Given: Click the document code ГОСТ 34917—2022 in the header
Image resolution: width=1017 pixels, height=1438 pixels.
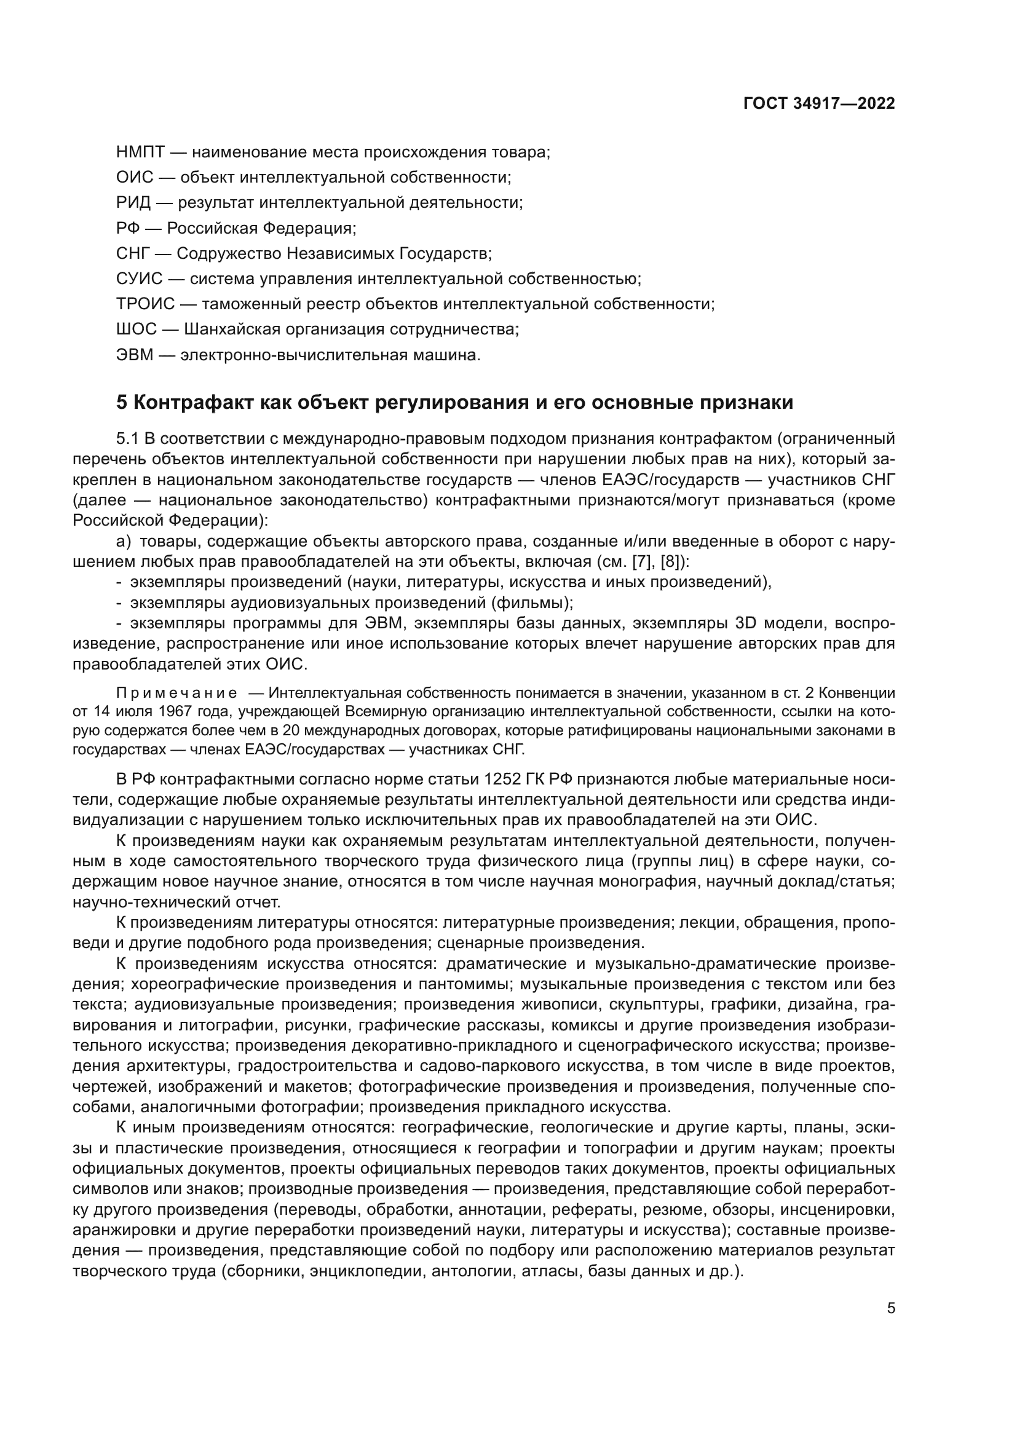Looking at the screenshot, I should click(x=819, y=103).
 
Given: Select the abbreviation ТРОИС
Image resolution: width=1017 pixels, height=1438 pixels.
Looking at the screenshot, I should click(x=145, y=304).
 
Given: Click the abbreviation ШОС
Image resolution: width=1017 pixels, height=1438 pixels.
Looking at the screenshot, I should click(x=137, y=330).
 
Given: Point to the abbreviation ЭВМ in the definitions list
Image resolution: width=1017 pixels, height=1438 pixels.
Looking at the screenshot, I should click(x=135, y=355).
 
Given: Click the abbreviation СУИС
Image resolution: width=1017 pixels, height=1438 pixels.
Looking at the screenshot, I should click(x=139, y=279).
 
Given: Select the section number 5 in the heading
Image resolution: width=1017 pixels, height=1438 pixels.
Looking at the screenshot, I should click(x=122, y=402).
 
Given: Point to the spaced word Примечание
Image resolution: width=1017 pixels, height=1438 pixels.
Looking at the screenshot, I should click(x=176, y=693).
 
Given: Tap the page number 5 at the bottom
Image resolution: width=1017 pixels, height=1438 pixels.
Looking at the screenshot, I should click(x=891, y=1308).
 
